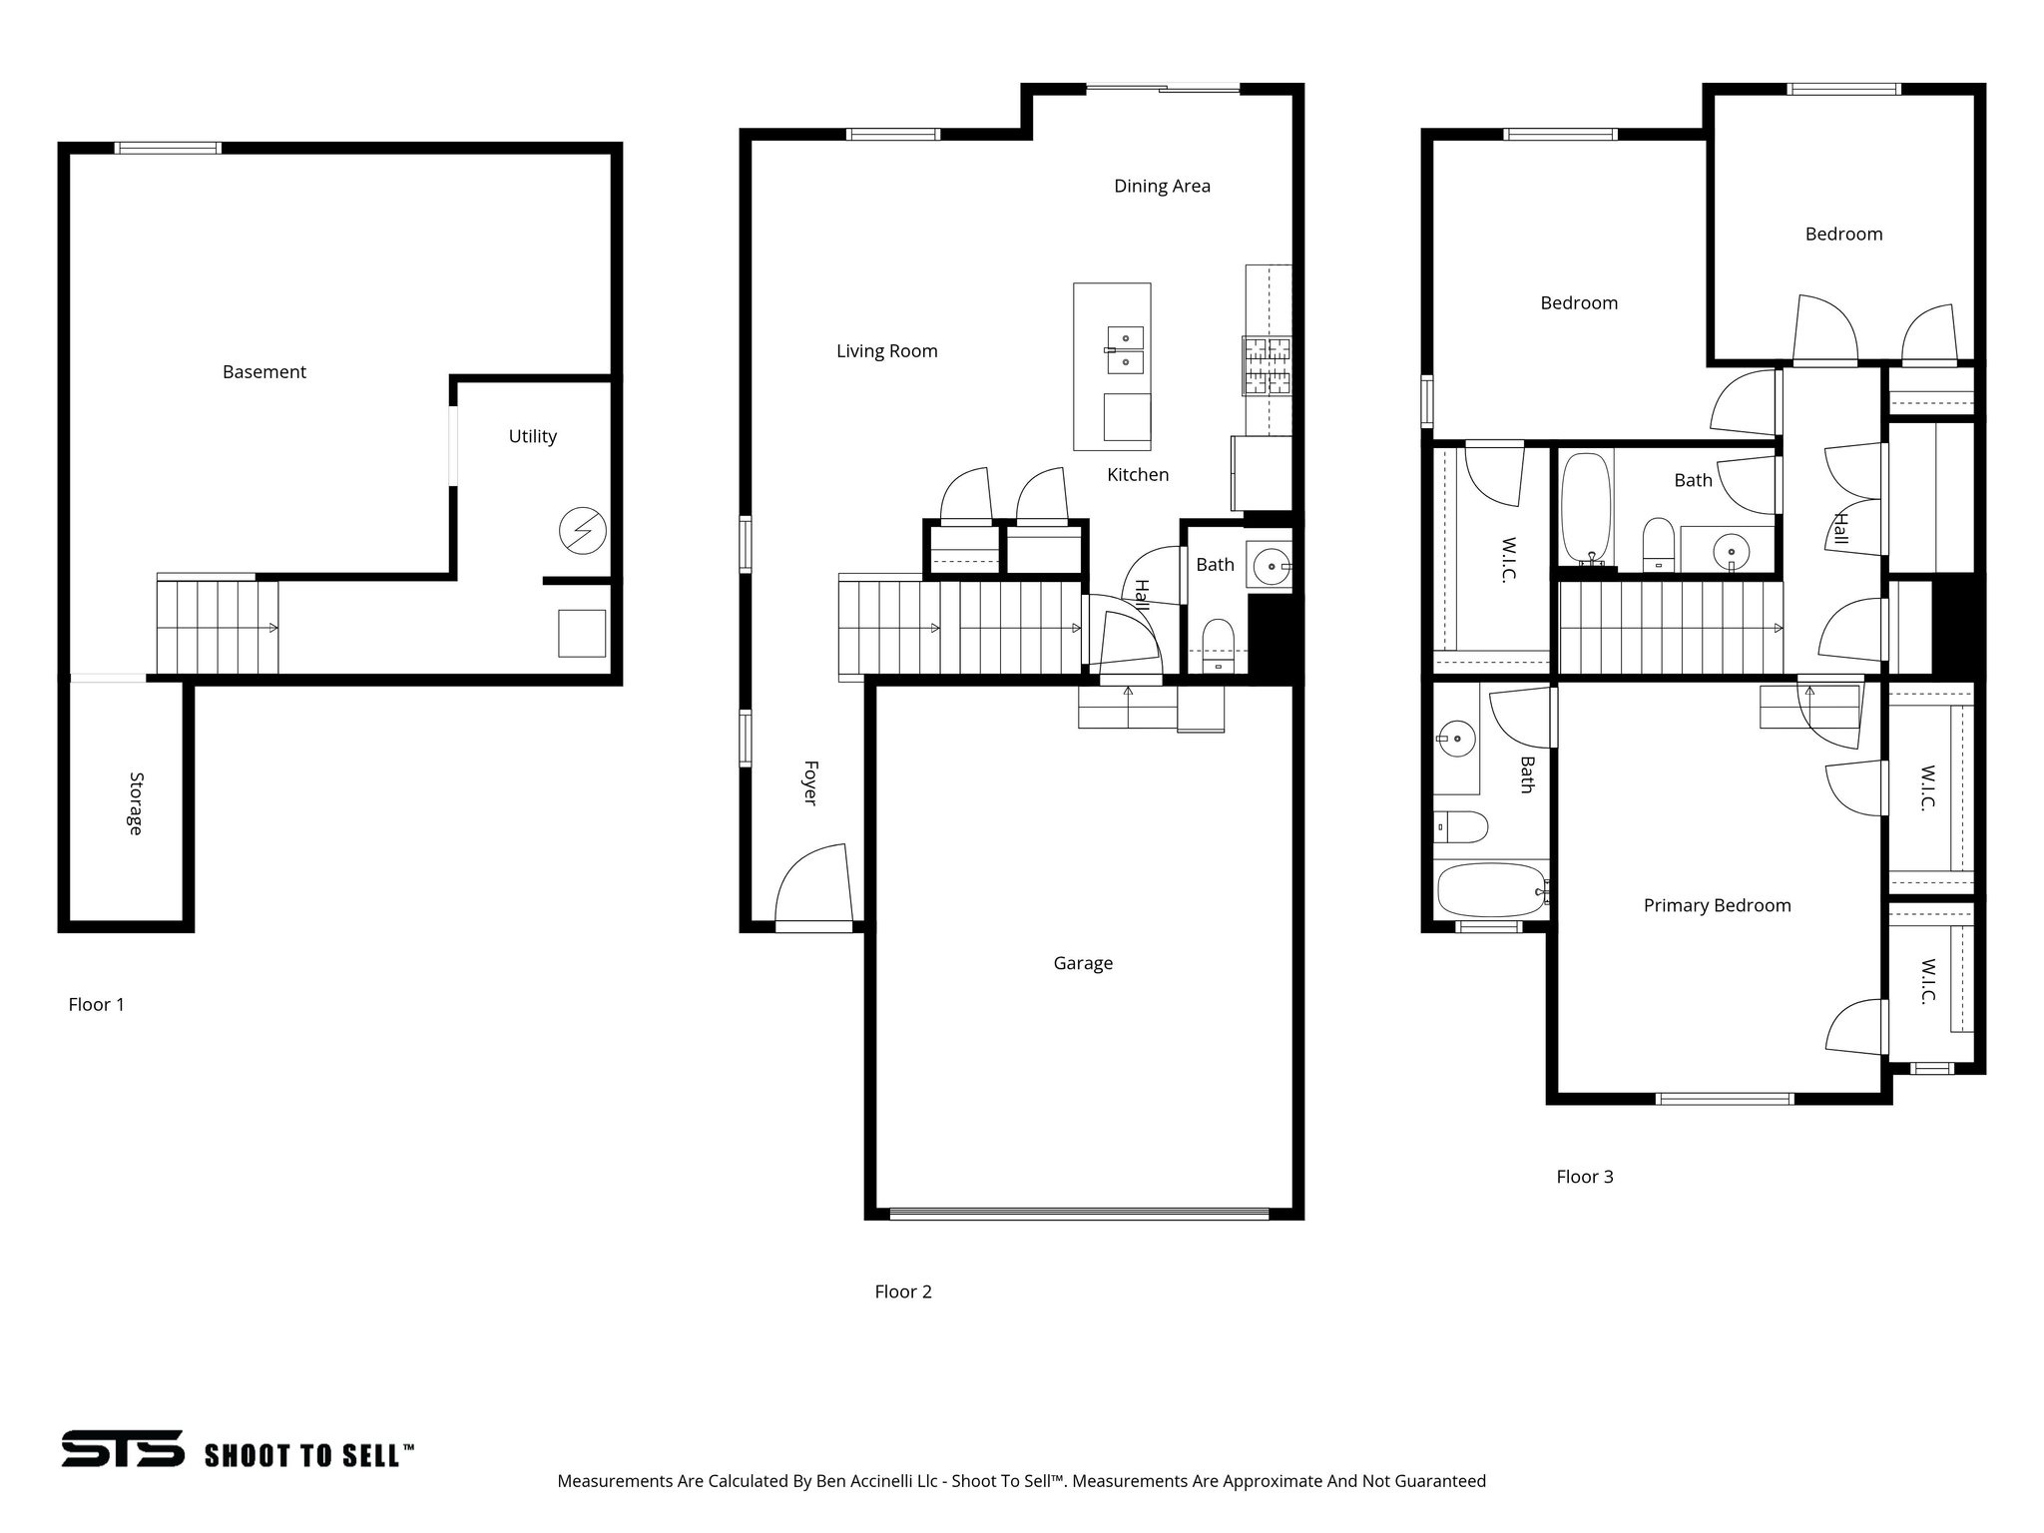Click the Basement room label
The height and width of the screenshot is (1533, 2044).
(x=263, y=372)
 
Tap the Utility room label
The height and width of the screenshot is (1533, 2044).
(x=532, y=436)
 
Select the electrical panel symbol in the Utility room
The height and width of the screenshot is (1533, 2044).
(x=582, y=531)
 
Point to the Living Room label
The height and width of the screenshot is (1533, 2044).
(x=886, y=351)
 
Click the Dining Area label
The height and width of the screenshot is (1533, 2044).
(x=1162, y=186)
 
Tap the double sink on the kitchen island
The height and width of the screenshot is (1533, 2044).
(x=1126, y=349)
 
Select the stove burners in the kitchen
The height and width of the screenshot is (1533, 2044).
(x=1267, y=365)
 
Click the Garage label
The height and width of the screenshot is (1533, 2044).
(x=1083, y=963)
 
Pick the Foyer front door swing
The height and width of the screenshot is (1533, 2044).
(x=813, y=884)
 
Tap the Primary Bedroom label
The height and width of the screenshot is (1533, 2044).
(x=1717, y=905)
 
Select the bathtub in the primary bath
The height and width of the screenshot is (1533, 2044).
(x=1491, y=889)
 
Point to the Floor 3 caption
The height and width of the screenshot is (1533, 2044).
(x=1584, y=1177)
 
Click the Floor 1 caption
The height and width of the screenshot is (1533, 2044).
(x=96, y=1005)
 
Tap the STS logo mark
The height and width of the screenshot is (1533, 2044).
(x=123, y=1448)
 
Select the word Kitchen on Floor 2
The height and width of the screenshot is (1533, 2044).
(x=1138, y=475)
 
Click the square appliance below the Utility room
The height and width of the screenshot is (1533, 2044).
(x=582, y=633)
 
